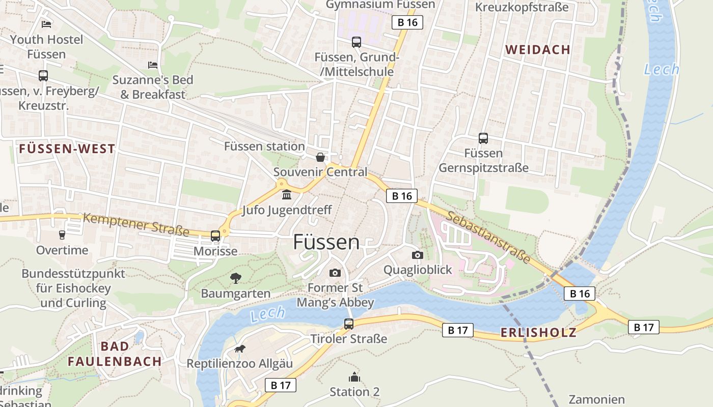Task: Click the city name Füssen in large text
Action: click(x=326, y=242)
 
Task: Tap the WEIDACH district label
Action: click(x=537, y=49)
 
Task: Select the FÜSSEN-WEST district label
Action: click(x=67, y=149)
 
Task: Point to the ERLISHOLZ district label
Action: click(x=538, y=333)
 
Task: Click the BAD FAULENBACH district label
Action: click(x=115, y=354)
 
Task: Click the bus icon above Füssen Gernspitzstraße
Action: click(x=483, y=138)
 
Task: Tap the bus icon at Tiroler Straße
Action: click(x=349, y=324)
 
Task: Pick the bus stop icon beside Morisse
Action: click(x=215, y=236)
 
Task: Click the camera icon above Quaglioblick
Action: click(x=418, y=255)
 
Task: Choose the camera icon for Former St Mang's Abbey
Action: click(x=335, y=273)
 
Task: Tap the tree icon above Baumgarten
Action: click(x=235, y=278)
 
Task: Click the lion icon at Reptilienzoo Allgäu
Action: click(x=239, y=349)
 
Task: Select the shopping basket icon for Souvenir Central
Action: click(x=320, y=157)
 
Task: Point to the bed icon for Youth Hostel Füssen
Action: click(x=46, y=24)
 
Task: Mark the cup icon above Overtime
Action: click(x=62, y=235)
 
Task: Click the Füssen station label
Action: click(x=264, y=147)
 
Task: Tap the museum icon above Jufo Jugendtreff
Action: click(x=286, y=195)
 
